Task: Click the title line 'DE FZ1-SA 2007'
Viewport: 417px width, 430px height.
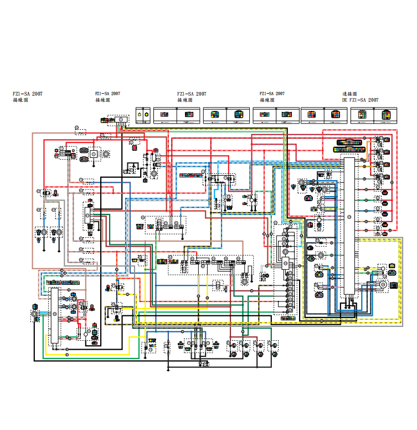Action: click(360, 100)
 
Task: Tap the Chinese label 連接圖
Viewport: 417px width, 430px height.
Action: click(349, 94)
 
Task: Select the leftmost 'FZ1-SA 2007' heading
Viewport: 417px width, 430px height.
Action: click(27, 94)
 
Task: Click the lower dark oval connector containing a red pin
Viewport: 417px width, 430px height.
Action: click(84, 159)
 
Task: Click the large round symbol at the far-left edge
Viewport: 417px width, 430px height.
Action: click(35, 314)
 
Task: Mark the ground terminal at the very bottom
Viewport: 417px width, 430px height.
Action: click(205, 364)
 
